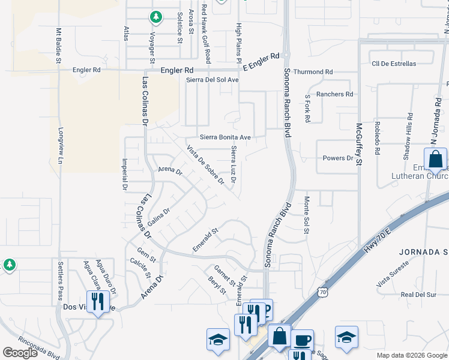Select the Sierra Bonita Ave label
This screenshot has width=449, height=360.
225,137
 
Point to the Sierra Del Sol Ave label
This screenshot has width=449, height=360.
212,80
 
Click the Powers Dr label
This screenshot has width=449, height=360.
338,158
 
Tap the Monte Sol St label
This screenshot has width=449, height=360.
306,211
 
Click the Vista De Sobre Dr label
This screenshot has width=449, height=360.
205,164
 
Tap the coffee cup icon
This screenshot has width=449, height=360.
302,341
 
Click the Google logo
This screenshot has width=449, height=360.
20,353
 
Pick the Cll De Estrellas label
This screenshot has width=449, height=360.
394,64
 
